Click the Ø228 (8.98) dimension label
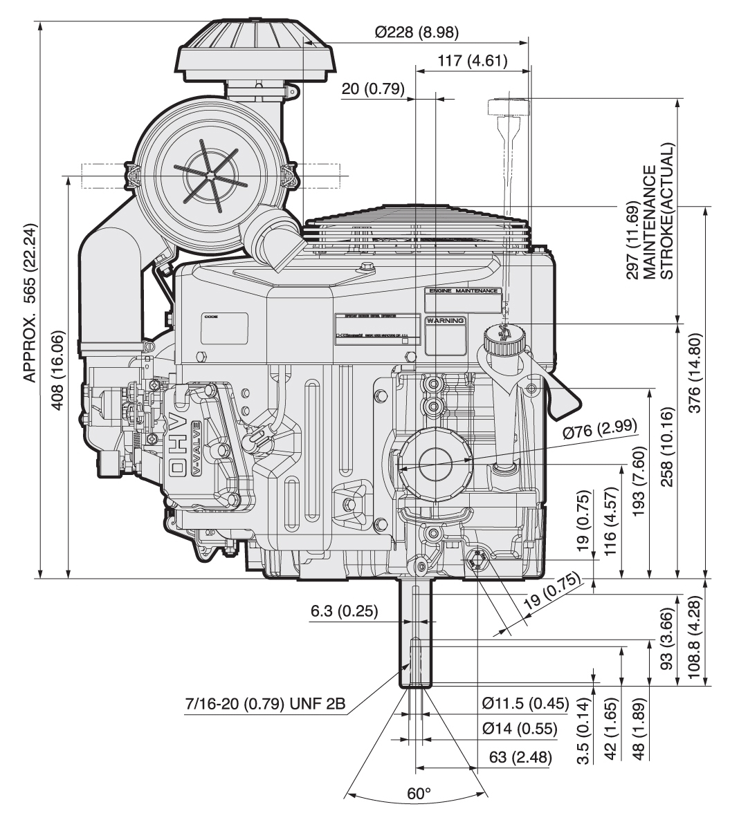(417, 32)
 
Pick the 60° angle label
(418, 794)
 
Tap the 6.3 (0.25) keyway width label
(343, 613)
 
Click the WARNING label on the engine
(446, 322)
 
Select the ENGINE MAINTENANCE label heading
(462, 292)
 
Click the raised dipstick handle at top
(507, 108)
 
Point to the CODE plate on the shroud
(224, 327)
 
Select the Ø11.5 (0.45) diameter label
(524, 705)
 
